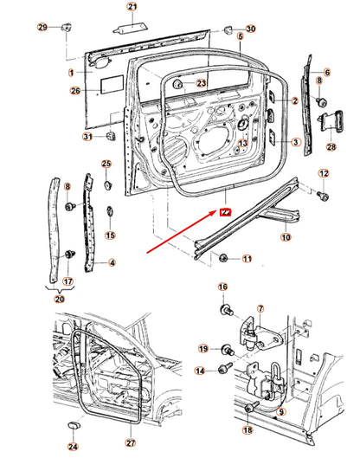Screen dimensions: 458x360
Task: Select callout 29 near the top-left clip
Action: click(x=42, y=29)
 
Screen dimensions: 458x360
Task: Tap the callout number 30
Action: click(x=251, y=29)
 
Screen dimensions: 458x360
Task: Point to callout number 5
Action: click(x=239, y=37)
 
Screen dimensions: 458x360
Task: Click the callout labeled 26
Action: click(x=75, y=89)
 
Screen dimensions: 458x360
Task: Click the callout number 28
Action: click(x=331, y=147)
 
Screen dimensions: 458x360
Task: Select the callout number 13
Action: click(x=243, y=144)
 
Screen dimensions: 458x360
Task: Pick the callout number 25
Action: click(x=106, y=164)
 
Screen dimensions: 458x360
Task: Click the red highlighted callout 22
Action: click(x=225, y=210)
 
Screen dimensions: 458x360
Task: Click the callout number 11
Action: click(x=247, y=258)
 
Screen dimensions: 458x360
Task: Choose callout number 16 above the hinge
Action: click(x=222, y=287)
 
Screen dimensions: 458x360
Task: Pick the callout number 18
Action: click(x=247, y=429)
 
